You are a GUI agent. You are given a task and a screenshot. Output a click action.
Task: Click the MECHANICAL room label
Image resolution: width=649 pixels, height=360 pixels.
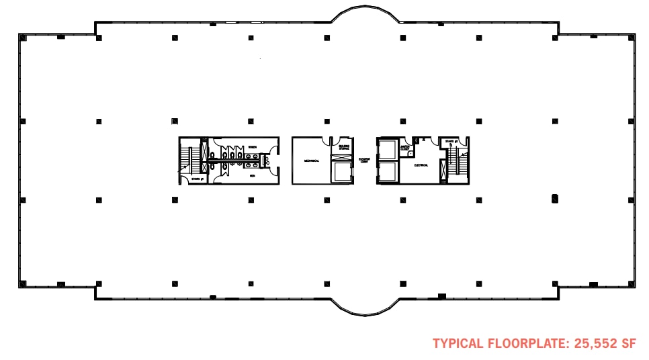tap(310, 161)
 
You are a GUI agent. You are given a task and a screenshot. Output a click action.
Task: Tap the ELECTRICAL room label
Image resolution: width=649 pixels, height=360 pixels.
tap(421, 165)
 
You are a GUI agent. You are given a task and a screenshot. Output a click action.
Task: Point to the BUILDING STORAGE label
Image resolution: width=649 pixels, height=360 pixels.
tap(343, 147)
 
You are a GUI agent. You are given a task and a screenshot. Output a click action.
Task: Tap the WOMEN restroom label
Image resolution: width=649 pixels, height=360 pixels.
tap(252, 146)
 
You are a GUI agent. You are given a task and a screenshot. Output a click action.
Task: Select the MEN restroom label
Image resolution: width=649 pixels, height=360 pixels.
tap(252, 176)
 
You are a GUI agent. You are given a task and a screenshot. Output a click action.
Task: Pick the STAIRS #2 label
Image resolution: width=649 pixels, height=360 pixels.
tap(450, 142)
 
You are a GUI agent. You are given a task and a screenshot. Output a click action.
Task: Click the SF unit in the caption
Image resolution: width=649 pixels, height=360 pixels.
tap(629, 343)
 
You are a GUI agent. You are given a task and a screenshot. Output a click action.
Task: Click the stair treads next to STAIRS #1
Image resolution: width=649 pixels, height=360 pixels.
tap(191, 160)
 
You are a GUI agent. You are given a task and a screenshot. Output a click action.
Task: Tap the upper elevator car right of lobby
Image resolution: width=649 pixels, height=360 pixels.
tap(388, 149)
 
